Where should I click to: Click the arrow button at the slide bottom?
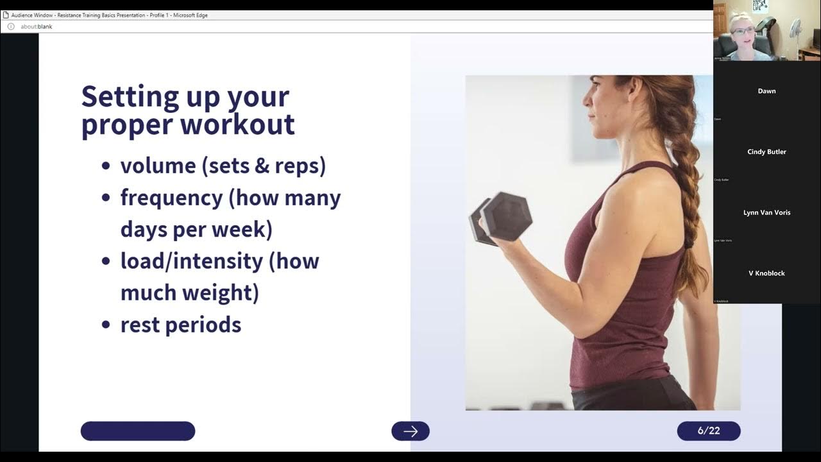pyautogui.click(x=410, y=431)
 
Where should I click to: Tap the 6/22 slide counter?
pyautogui.click(x=708, y=431)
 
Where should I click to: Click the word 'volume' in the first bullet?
pyautogui.click(x=158, y=166)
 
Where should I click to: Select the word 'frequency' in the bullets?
pyautogui.click(x=171, y=198)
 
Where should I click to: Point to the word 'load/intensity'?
pyautogui.click(x=192, y=261)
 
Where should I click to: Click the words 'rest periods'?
pyautogui.click(x=181, y=325)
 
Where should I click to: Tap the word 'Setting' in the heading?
pyautogui.click(x=130, y=96)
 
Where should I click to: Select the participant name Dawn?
pyautogui.click(x=766, y=91)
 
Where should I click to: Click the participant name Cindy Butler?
pyautogui.click(x=766, y=152)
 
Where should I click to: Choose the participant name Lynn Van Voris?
pyautogui.click(x=766, y=212)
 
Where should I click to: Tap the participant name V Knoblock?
pyautogui.click(x=766, y=273)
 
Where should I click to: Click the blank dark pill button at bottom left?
pyautogui.click(x=137, y=431)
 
